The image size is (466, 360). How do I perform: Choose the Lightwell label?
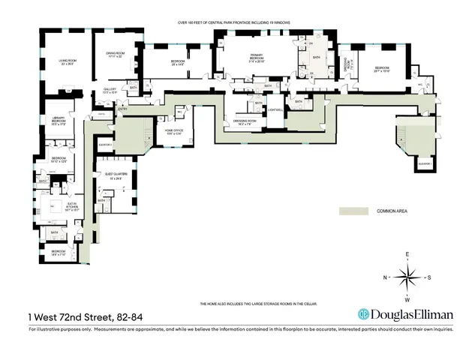[x=275, y=110]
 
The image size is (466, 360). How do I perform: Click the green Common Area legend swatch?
[x=354, y=212]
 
